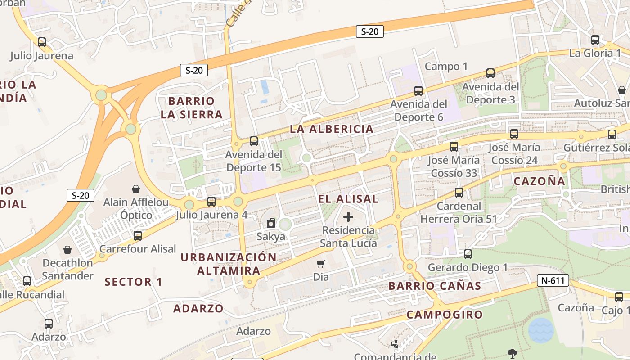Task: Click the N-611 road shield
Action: (553, 281)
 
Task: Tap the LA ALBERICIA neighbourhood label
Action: (332, 129)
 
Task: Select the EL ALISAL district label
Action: (348, 199)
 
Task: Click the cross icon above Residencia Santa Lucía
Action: (348, 217)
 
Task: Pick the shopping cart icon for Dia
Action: (320, 264)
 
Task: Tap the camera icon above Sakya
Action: (271, 223)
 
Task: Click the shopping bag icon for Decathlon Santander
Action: (67, 249)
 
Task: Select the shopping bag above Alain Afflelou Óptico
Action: (135, 189)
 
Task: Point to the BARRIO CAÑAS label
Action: (435, 286)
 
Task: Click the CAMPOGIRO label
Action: (445, 315)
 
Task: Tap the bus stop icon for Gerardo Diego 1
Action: (468, 254)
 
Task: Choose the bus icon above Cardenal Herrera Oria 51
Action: (459, 193)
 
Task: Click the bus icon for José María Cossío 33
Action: (454, 146)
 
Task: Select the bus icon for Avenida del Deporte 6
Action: (418, 91)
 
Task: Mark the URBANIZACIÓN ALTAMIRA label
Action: (229, 264)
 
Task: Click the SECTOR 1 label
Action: (133, 282)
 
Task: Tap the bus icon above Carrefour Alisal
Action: (137, 235)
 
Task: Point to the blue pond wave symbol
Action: (540, 330)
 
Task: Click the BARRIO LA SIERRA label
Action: (192, 108)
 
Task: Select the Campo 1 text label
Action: (446, 67)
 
